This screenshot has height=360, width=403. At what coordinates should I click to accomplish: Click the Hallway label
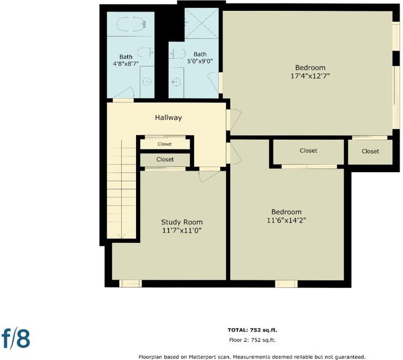(x=169, y=118)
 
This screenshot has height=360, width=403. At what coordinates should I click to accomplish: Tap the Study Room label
(x=182, y=222)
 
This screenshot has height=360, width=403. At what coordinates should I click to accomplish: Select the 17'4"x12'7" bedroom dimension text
(x=310, y=76)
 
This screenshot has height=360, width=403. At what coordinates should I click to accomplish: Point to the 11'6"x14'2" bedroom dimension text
(x=286, y=220)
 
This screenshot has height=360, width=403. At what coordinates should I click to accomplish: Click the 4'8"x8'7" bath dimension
(x=126, y=63)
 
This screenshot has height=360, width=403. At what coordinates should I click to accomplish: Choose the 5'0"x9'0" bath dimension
(x=200, y=61)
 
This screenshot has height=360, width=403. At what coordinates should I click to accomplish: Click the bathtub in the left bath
(x=131, y=24)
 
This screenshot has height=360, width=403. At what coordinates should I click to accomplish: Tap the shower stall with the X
(x=201, y=23)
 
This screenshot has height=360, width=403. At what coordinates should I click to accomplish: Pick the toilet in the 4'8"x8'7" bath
(x=146, y=52)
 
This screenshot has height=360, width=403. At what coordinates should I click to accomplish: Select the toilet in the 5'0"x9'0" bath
(x=177, y=54)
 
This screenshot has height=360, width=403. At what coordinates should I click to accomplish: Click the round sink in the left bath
(x=147, y=81)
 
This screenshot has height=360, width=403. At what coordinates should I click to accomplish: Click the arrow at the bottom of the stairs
(x=121, y=235)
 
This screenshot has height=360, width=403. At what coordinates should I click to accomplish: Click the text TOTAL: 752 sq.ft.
(x=252, y=330)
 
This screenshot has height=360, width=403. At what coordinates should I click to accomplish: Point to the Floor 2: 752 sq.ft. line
(x=252, y=340)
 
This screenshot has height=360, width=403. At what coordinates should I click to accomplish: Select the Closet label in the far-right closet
(x=371, y=151)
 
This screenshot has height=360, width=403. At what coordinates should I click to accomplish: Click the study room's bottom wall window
(x=131, y=284)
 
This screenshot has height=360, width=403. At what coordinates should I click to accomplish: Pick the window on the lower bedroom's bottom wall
(x=286, y=284)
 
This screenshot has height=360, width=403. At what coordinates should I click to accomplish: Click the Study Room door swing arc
(x=210, y=178)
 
